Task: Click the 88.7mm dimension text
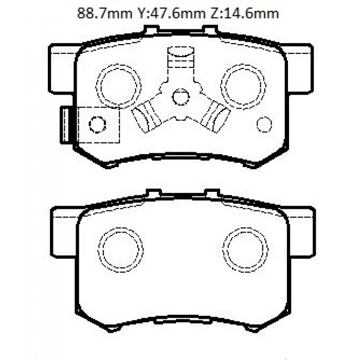[103, 14]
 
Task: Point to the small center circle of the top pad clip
[180, 96]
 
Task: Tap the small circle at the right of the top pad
[263, 124]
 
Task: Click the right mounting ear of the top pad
[298, 69]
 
